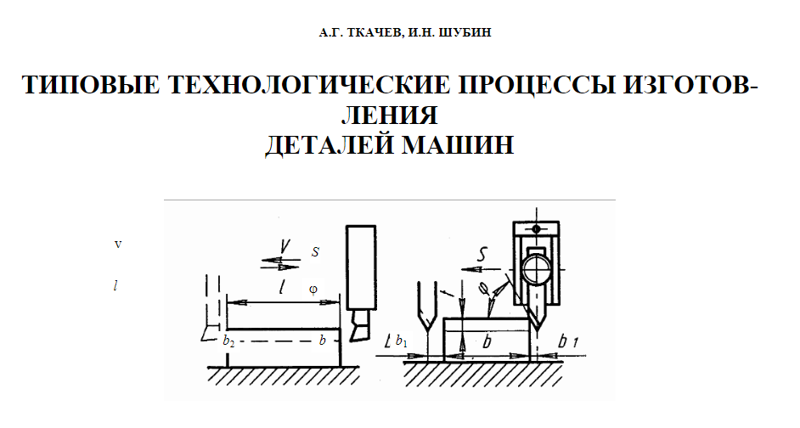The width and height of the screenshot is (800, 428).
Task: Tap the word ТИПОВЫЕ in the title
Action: tap(88, 87)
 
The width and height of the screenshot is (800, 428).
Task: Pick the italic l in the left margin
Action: tap(115, 285)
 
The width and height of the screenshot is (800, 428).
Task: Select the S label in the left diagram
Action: tap(315, 251)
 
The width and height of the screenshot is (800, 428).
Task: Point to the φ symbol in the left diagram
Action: tap(313, 289)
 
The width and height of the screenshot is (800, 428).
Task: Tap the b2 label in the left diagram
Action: tap(228, 341)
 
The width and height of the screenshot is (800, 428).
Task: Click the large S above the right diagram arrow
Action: tap(482, 253)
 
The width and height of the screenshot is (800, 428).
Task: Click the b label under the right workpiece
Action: tap(487, 341)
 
